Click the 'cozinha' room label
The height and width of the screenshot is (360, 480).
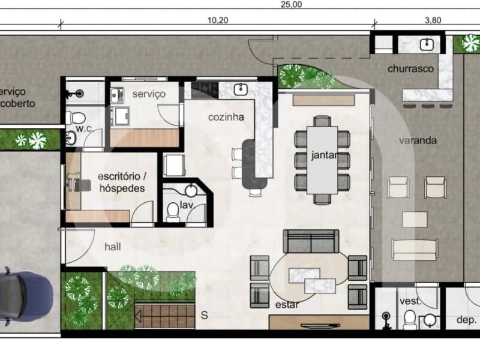226,117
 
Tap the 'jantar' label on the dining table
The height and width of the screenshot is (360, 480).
325,155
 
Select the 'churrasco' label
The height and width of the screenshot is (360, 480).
410,68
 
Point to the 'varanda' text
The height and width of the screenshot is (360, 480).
418,140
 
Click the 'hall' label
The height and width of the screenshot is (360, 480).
113,247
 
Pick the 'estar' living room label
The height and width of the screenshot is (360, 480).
287,305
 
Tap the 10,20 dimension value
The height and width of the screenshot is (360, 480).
218,20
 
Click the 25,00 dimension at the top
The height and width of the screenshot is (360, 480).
291,4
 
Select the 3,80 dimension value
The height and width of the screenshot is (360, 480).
433,20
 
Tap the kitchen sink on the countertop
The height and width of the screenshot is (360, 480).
241,89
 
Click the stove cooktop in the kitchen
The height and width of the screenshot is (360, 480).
205,90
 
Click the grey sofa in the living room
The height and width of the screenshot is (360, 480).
311,241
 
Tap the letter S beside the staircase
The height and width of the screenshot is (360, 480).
204,315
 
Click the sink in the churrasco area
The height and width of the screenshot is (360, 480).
427,44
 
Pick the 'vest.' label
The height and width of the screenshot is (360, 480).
410,301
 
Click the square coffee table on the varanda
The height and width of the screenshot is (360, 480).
415,219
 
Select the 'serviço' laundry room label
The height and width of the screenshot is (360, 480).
149,94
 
